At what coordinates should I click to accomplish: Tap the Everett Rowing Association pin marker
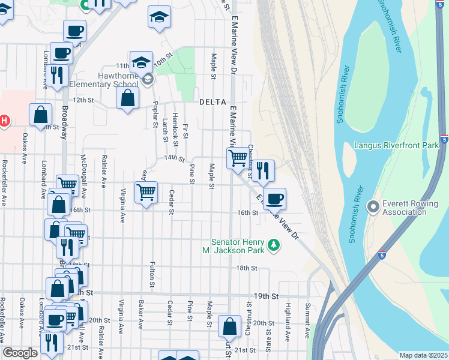tap(373, 207)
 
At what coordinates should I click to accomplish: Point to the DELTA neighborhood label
tap(212, 102)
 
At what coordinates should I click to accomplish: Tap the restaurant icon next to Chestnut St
tap(262, 170)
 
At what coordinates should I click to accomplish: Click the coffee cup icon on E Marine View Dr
tap(274, 198)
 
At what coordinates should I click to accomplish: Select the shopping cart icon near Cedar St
tap(146, 193)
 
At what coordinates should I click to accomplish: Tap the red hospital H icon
tap(4, 121)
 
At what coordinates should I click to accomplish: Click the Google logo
tap(20, 353)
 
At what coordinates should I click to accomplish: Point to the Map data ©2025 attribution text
tap(423, 355)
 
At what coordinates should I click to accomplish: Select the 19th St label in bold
tap(274, 296)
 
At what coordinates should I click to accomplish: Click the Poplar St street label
tap(154, 115)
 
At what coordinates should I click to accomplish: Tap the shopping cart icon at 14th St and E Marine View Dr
tap(238, 158)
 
